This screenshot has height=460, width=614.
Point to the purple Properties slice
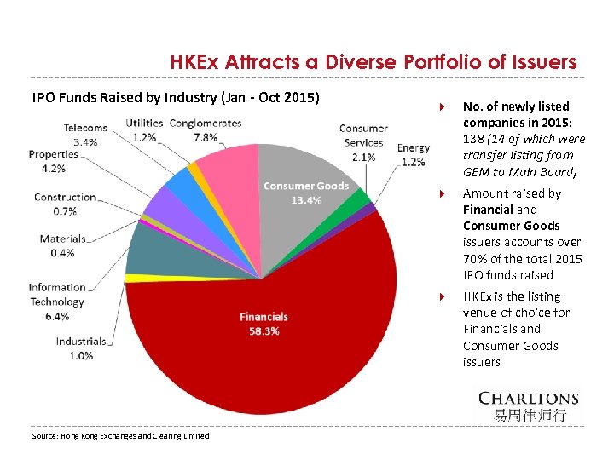159,205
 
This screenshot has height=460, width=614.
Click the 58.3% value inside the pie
264,331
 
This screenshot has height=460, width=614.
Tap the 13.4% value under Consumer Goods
305,200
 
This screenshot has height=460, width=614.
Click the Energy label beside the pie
414,148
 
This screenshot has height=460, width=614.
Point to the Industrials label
81,342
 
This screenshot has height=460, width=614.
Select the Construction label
65,197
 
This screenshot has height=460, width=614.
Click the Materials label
62,239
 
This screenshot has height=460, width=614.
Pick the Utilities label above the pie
144,124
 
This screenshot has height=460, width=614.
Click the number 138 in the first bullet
473,139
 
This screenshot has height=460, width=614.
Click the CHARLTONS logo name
528,398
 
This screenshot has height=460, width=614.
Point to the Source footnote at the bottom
120,435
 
